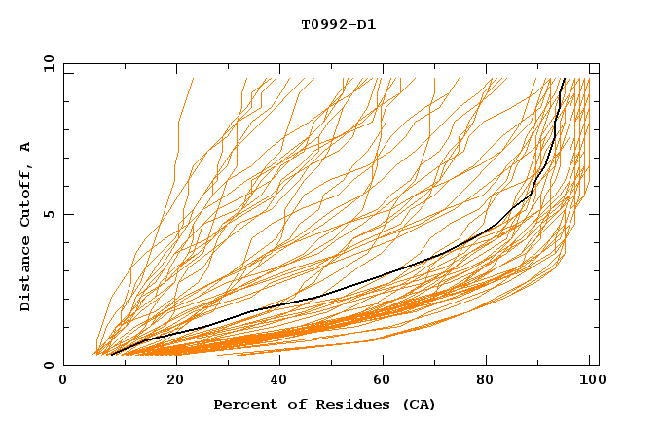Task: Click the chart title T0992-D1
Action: [338, 24]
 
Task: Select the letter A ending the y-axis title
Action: [26, 147]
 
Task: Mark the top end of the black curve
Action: [565, 79]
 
